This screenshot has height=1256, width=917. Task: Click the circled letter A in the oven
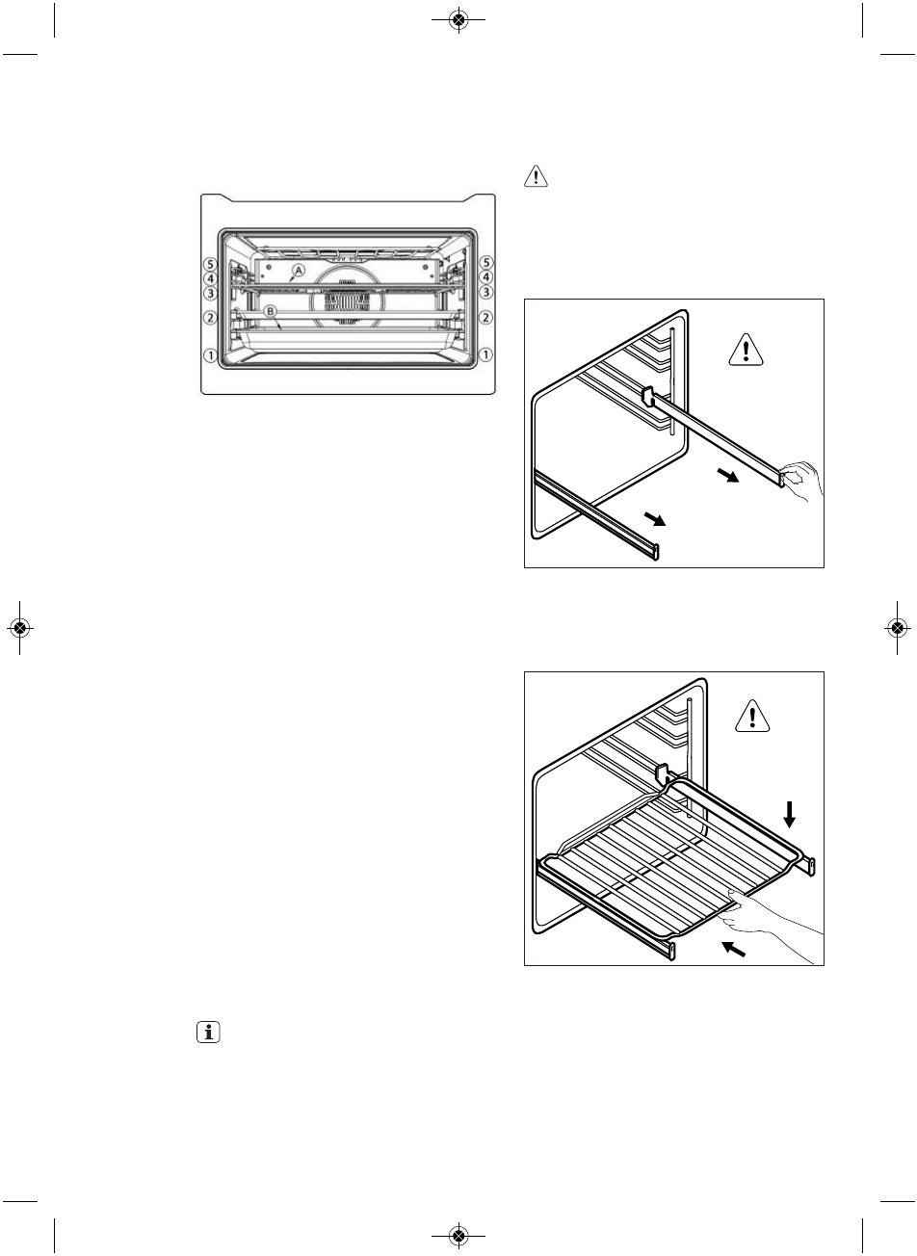coord(299,272)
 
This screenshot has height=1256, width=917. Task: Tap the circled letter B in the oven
coord(271,311)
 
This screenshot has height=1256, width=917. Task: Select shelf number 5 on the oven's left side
coord(208,262)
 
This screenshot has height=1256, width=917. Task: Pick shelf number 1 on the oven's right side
coord(486,354)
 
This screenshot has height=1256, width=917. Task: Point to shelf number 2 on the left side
coord(208,317)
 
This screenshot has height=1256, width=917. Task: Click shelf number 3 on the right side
coord(486,291)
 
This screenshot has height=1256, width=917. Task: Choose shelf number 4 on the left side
coord(208,276)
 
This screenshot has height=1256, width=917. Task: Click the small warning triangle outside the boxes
coord(535,177)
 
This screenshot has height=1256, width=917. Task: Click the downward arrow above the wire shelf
coord(791,815)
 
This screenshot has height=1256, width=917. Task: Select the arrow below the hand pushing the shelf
coord(735,949)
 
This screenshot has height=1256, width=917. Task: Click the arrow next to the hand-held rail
coord(730,477)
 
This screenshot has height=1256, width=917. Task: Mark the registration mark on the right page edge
coord(896,628)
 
